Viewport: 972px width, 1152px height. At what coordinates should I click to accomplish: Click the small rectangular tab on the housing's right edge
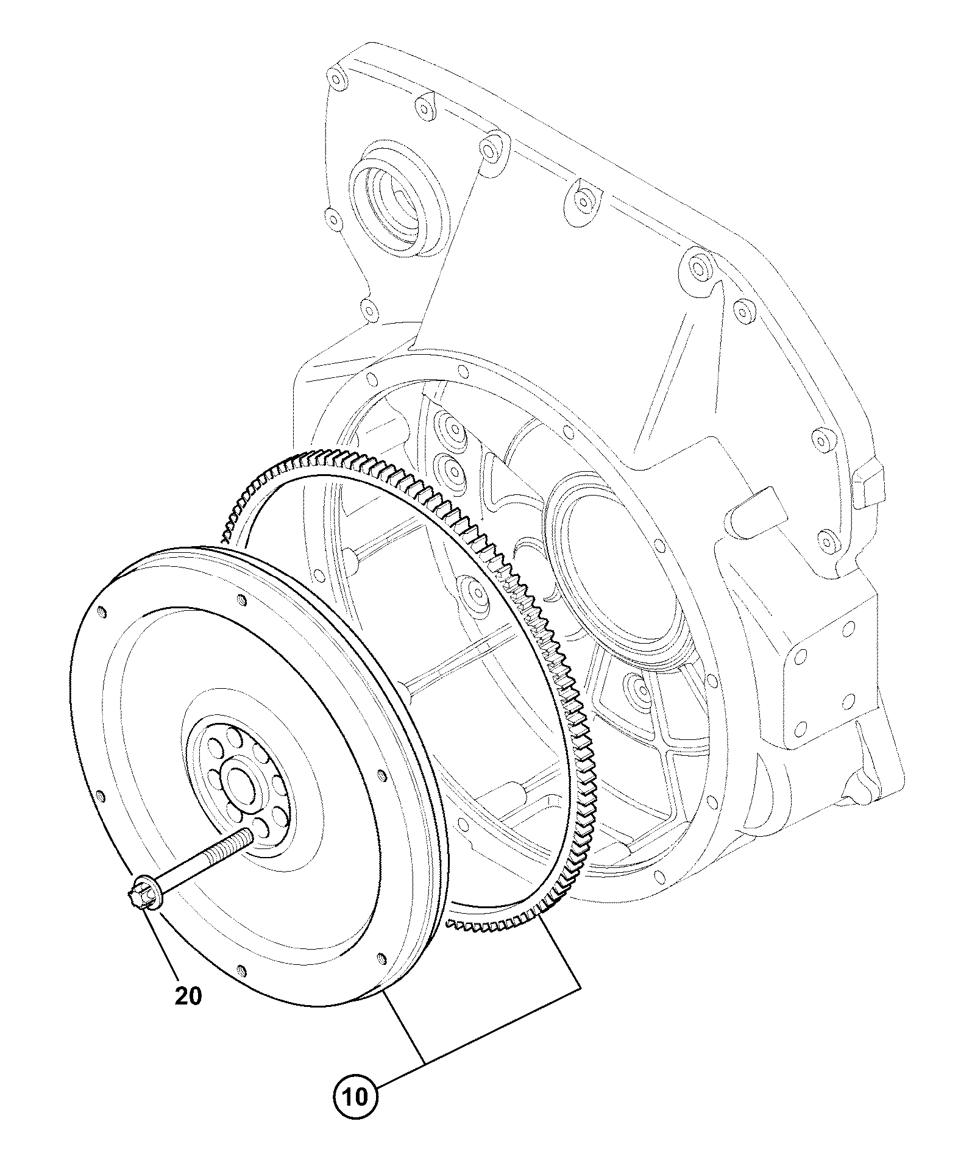[x=867, y=488]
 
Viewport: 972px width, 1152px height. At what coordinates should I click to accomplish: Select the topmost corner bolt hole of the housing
[x=335, y=79]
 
